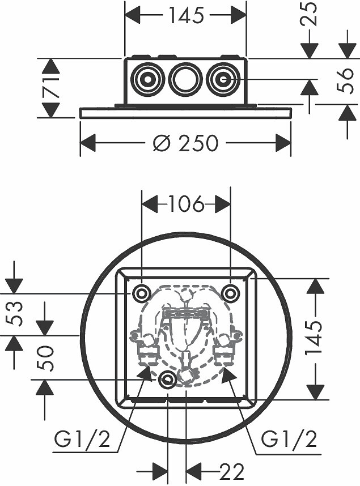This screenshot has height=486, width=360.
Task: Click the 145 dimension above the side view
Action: click(x=186, y=15)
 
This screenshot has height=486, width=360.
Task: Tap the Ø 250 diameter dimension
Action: click(x=186, y=143)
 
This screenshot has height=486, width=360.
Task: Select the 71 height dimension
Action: click(x=51, y=88)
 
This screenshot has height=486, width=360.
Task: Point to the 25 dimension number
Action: click(x=309, y=14)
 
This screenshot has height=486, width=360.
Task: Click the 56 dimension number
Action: click(x=345, y=80)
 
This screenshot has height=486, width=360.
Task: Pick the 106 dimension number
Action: click(x=186, y=204)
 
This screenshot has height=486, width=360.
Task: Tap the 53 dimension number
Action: click(x=15, y=314)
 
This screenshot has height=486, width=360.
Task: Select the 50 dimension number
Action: click(x=45, y=359)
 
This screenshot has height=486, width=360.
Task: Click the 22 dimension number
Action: click(x=231, y=472)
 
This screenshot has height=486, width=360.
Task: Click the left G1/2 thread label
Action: click(x=82, y=439)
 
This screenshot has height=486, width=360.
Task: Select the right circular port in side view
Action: click(x=222, y=79)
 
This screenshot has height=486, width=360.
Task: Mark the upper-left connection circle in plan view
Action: click(x=142, y=293)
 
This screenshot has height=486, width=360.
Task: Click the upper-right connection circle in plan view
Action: click(x=231, y=293)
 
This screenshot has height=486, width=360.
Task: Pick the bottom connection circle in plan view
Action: click(x=168, y=379)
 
